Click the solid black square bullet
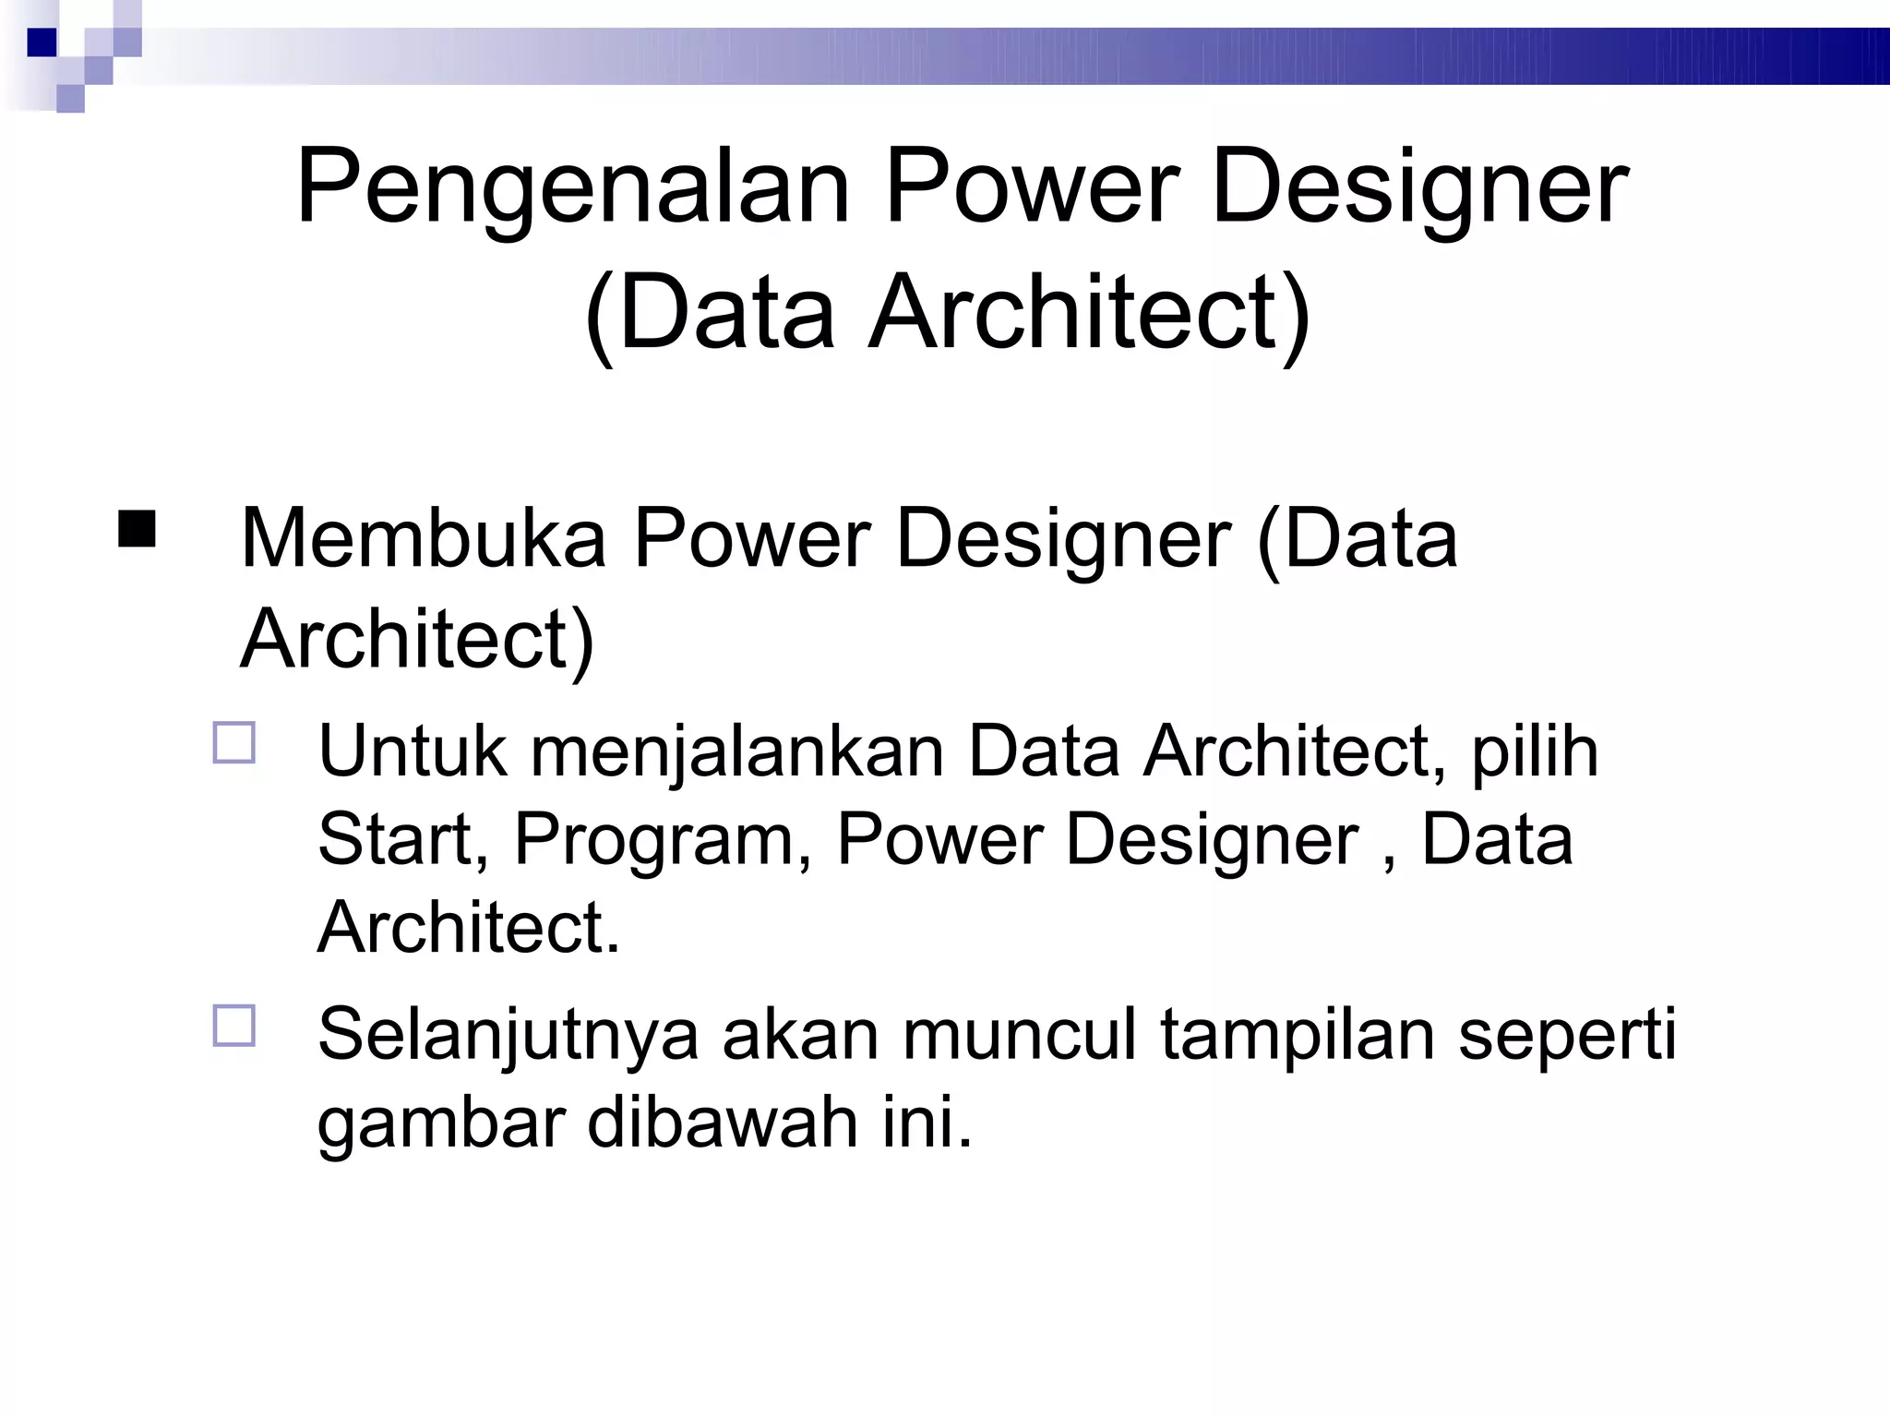(137, 529)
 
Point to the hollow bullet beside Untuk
(234, 743)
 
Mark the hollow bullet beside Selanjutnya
(234, 1026)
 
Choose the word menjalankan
(737, 753)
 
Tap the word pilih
(1535, 753)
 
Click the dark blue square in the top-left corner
(42, 42)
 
